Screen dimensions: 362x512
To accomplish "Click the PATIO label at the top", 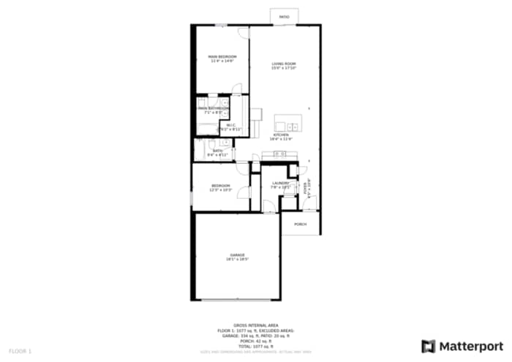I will (284, 15).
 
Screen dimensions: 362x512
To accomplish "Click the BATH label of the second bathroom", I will (217, 151).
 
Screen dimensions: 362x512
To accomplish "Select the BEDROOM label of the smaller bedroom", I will (221, 186).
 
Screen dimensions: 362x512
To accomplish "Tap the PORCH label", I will (300, 224).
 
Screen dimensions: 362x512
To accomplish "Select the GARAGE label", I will (237, 254).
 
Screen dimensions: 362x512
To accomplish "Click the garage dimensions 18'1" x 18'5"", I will (237, 259).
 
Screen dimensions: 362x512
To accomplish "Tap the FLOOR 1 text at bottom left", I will (20, 352).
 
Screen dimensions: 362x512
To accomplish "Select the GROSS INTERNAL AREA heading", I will (255, 325).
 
